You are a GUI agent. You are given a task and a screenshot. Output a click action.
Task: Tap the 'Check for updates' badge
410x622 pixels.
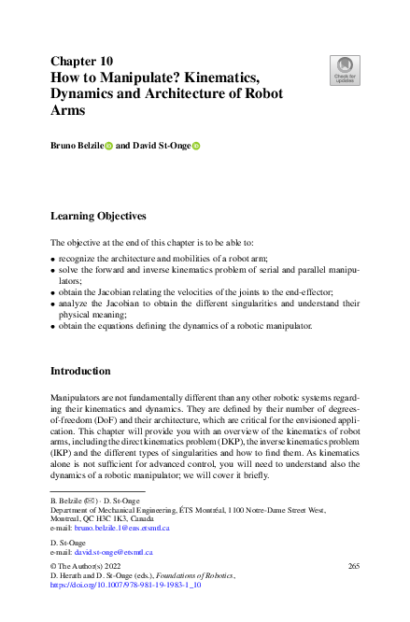click(x=345, y=70)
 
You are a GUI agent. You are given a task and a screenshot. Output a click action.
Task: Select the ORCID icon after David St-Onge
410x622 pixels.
click(x=196, y=146)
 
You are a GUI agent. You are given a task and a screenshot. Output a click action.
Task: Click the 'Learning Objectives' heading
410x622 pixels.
click(x=98, y=216)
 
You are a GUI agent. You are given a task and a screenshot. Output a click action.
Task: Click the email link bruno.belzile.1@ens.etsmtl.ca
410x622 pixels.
click(x=122, y=528)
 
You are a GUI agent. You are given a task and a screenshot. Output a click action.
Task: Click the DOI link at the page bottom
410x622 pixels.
click(x=130, y=585)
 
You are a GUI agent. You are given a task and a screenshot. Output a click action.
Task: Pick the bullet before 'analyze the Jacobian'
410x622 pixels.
click(x=53, y=304)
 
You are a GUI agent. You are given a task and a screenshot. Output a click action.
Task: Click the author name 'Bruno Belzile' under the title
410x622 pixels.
click(x=77, y=146)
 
